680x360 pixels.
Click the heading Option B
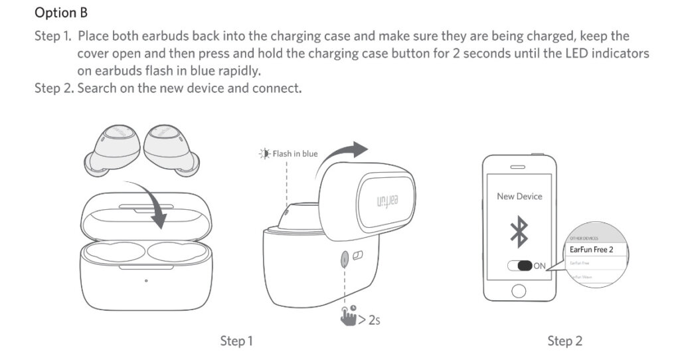pos(61,13)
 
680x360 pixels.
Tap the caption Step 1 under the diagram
pos(236,341)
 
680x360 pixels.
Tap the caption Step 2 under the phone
pos(564,341)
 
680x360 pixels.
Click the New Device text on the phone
pos(519,197)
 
